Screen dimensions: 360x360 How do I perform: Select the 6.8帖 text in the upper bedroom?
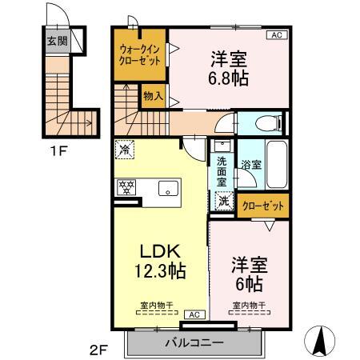(230, 78)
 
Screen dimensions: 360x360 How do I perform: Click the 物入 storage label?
(153, 97)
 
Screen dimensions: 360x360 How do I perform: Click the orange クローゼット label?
(263, 206)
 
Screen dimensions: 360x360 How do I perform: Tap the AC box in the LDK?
(193, 314)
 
